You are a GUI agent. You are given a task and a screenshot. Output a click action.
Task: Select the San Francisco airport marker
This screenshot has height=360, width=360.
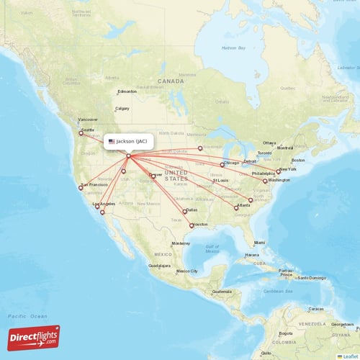[x=81, y=188]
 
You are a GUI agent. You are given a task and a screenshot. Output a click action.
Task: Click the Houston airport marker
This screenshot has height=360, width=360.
[x=192, y=225]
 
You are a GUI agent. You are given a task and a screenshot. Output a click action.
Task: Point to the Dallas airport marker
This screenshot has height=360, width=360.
[x=185, y=211]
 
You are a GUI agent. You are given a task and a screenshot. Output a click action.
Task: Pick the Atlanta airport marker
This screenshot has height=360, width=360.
[x=236, y=207]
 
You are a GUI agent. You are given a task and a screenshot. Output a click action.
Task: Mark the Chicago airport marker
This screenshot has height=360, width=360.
[x=223, y=164]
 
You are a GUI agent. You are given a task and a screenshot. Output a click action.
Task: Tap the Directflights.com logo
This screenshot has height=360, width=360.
[x=34, y=337]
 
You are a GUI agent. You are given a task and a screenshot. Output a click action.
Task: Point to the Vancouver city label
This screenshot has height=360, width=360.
[x=88, y=119]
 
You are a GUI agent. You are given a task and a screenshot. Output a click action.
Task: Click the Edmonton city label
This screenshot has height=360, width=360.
[x=127, y=91]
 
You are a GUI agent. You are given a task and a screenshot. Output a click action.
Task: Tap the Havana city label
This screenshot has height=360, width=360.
[x=251, y=255]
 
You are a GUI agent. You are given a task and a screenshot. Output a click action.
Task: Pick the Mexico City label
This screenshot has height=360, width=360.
[x=187, y=271]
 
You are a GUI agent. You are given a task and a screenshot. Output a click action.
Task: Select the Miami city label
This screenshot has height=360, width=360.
[x=259, y=243]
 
